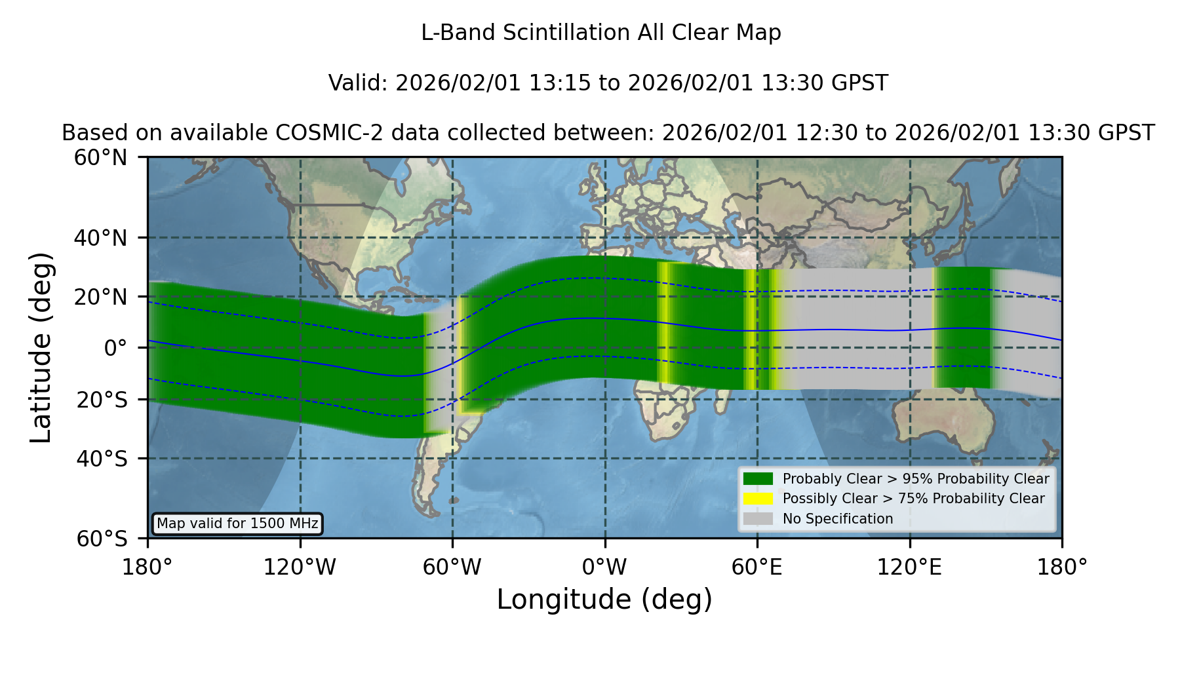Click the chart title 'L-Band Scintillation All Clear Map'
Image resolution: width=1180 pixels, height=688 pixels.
601,33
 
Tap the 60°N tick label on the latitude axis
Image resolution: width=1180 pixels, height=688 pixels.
101,158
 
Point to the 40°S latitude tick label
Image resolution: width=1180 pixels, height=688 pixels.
102,459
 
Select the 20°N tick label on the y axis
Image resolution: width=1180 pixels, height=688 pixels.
101,297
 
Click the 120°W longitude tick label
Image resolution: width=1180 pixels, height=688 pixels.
300,567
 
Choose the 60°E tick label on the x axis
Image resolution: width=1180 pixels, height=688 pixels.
757,567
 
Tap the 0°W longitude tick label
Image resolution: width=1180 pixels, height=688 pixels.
604,567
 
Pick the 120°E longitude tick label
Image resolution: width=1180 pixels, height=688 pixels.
910,567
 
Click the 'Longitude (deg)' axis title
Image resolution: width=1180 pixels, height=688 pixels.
604,600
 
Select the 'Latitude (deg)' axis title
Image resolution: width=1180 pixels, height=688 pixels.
41,347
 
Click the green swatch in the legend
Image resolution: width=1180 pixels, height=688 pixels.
758,479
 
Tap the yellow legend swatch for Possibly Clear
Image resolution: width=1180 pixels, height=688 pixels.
758,499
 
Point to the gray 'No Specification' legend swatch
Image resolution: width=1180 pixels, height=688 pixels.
758,519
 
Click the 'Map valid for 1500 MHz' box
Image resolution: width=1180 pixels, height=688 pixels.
237,524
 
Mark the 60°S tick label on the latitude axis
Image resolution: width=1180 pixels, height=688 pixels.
102,539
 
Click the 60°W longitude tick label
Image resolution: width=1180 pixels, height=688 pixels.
452,567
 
